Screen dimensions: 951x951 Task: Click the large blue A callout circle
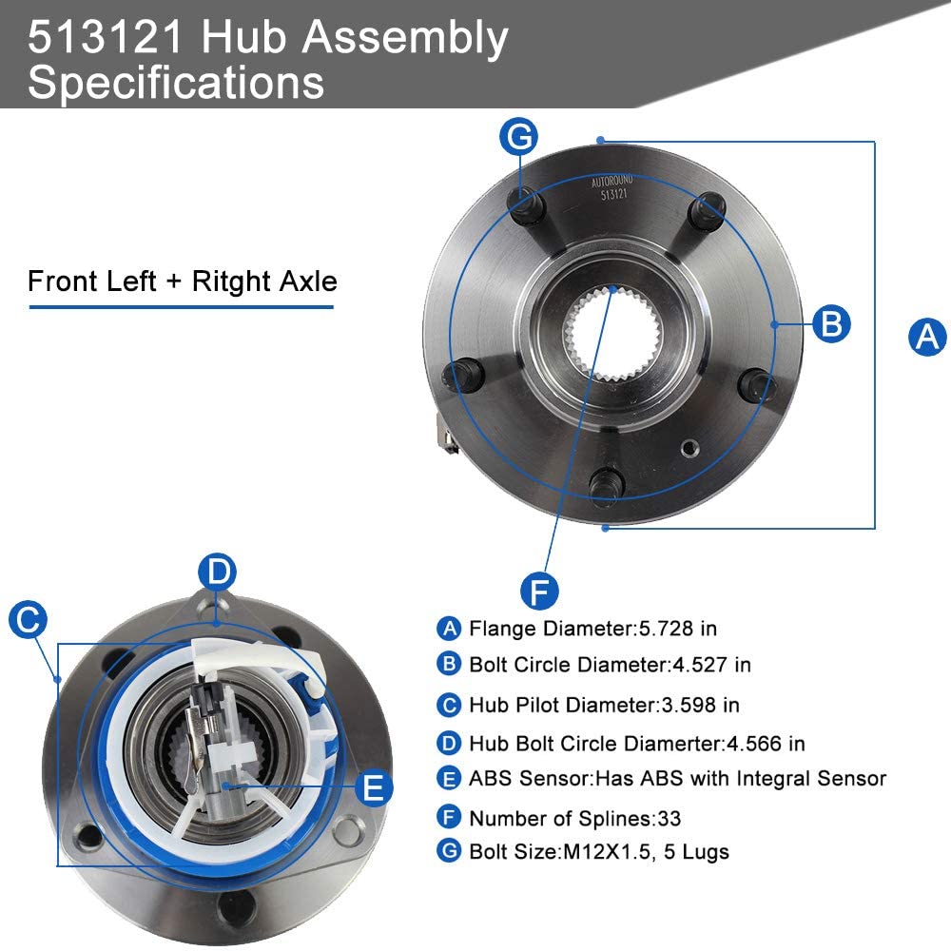tap(927, 337)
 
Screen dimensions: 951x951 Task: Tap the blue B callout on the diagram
tap(831, 324)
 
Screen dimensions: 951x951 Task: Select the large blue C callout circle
tap(28, 620)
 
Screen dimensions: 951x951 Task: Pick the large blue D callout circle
tap(219, 573)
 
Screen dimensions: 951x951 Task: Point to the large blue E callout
tap(373, 787)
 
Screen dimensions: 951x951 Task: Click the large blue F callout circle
tap(539, 592)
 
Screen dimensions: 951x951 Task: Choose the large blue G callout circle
tap(519, 138)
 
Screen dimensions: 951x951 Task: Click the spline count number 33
tap(669, 818)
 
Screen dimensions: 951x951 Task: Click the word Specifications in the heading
tap(176, 82)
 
